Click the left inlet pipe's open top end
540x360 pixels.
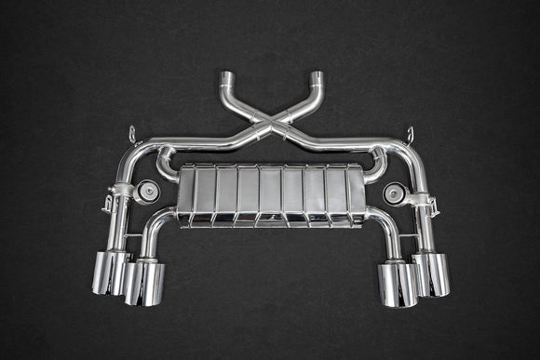[x=226, y=75]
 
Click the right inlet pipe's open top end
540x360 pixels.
[x=317, y=75]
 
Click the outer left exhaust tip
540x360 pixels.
[x=109, y=273]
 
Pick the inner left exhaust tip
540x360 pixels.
[x=146, y=283]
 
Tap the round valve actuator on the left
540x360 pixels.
[x=146, y=193]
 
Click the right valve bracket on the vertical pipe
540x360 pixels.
[x=427, y=198]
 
